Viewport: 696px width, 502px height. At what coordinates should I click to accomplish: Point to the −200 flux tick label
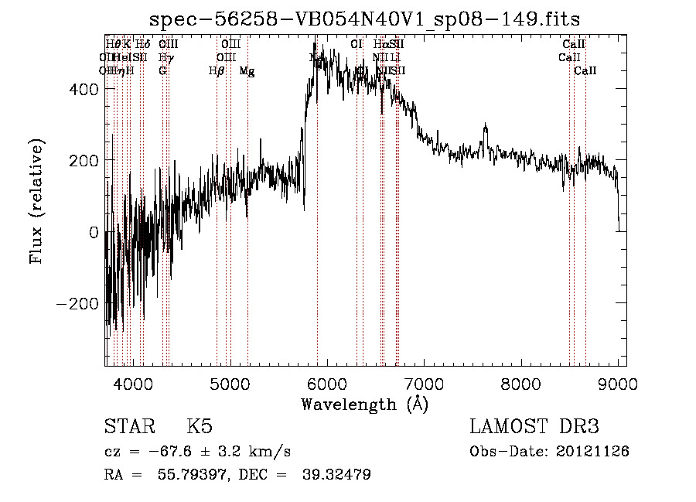[x=79, y=303]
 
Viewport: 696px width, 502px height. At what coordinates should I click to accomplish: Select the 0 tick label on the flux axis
[x=94, y=232]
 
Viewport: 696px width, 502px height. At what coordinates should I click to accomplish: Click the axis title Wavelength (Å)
[x=365, y=404]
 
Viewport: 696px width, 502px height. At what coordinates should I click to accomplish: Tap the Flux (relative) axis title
[x=37, y=201]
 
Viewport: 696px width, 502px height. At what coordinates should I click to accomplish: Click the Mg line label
[x=247, y=71]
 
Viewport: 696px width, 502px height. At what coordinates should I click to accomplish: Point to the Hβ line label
[x=217, y=71]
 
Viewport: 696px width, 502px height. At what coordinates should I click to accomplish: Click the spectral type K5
[x=200, y=427]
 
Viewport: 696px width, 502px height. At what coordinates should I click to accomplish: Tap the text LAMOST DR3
[x=534, y=427]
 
